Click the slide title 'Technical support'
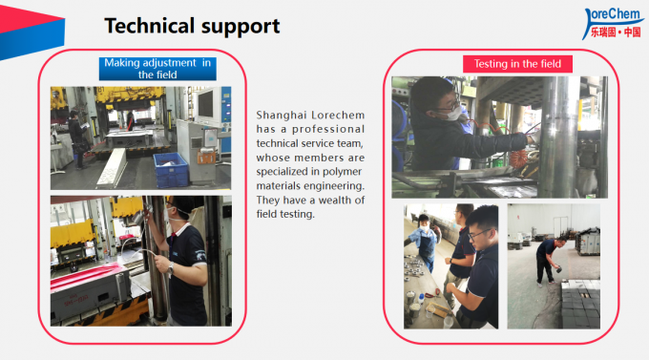[191, 25]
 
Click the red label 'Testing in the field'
[517, 64]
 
